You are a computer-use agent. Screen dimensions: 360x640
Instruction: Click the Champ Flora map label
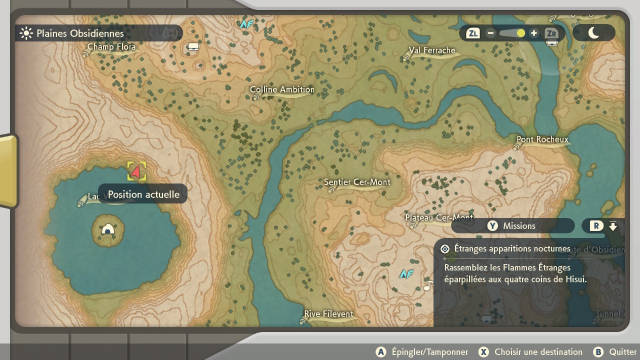[111, 47]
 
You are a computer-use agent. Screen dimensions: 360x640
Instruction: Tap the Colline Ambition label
[282, 90]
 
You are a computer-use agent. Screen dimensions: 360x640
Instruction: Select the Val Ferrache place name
[432, 50]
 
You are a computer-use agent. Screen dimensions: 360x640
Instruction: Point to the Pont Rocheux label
[542, 140]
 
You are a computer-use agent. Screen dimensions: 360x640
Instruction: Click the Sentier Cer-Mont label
[357, 182]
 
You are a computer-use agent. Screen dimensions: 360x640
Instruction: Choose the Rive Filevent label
[328, 314]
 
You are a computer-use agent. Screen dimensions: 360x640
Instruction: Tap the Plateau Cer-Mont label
[439, 218]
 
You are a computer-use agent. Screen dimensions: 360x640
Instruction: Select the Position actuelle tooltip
[143, 194]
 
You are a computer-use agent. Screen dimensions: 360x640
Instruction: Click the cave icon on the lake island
[108, 229]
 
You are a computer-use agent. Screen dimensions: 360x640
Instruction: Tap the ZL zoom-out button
[472, 33]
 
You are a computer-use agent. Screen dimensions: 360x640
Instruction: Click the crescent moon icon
[593, 33]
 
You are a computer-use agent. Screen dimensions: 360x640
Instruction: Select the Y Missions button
[512, 226]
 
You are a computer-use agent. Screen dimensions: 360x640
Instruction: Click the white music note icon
[428, 286]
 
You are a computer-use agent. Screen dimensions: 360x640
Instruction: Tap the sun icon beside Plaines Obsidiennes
[25, 33]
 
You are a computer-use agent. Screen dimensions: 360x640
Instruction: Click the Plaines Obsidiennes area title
[80, 33]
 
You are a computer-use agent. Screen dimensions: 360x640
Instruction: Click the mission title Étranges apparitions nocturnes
[512, 248]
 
